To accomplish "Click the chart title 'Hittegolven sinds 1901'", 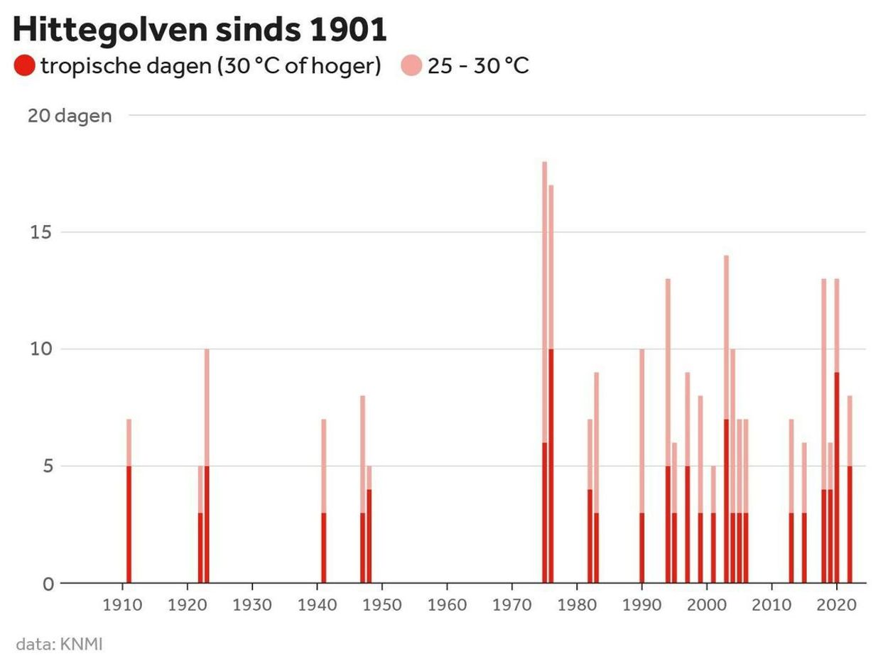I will [200, 31].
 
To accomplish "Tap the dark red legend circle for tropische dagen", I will [24, 67].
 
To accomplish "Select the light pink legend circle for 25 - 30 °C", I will [411, 67].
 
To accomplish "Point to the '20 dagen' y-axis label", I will [70, 116].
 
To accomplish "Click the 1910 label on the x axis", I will [123, 605].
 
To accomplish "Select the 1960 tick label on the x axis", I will [447, 605].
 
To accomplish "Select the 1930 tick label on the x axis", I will [252, 605].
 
